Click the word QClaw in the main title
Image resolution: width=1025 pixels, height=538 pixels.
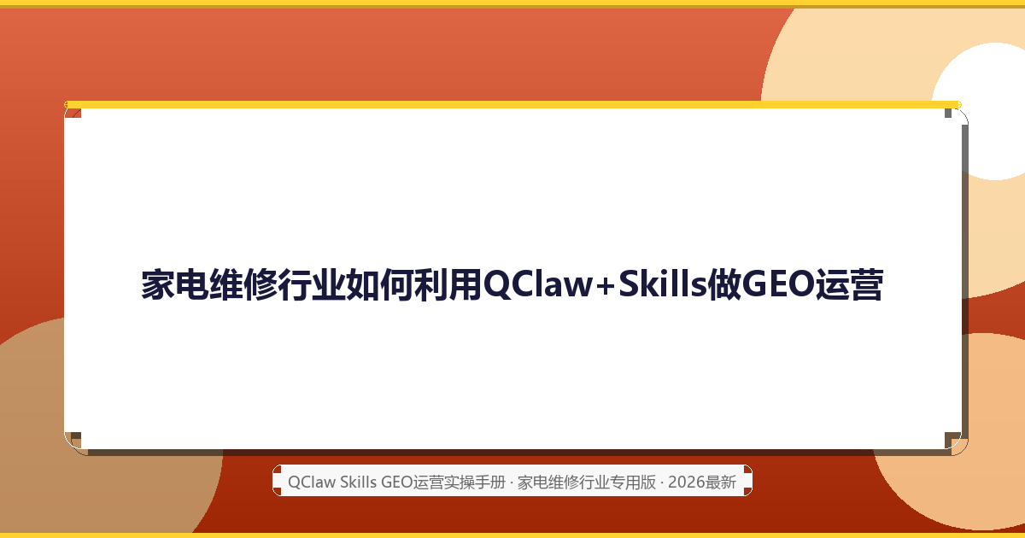[x=538, y=284]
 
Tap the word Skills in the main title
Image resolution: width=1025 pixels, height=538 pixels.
[x=663, y=284]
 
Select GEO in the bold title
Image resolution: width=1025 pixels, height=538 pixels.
[x=778, y=284]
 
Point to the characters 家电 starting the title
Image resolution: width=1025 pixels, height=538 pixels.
[x=175, y=284]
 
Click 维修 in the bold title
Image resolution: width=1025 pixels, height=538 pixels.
[x=243, y=284]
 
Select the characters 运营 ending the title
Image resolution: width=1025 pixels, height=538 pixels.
[x=849, y=284]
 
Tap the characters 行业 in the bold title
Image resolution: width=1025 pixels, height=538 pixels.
[x=311, y=284]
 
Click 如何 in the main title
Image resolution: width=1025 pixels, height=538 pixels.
[x=380, y=284]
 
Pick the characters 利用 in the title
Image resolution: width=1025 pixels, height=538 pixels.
[x=448, y=284]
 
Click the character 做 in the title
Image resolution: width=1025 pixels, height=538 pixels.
[x=724, y=284]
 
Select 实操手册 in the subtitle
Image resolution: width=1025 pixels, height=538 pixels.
[x=475, y=482]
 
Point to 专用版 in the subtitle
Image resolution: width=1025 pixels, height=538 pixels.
[x=633, y=482]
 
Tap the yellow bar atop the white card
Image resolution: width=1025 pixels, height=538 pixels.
[x=513, y=105]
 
